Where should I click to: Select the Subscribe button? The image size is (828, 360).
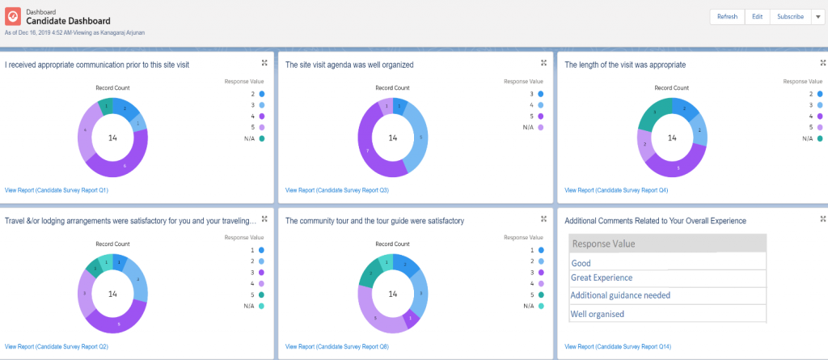click(x=785, y=17)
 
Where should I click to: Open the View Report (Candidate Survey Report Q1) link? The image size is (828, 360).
click(x=57, y=190)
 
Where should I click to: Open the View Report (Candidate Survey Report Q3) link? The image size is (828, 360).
click(x=337, y=190)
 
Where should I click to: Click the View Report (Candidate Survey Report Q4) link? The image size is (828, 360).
click(x=616, y=190)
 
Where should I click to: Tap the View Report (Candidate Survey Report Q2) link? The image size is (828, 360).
click(x=57, y=346)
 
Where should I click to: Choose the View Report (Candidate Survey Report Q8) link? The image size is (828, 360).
click(x=337, y=346)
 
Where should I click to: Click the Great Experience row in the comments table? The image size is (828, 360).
click(x=602, y=278)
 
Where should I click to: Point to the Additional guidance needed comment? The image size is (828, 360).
click(x=620, y=295)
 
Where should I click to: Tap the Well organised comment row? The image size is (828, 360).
click(x=598, y=314)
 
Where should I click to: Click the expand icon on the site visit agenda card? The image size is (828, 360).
click(x=543, y=62)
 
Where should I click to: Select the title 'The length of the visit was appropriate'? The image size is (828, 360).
click(x=625, y=65)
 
